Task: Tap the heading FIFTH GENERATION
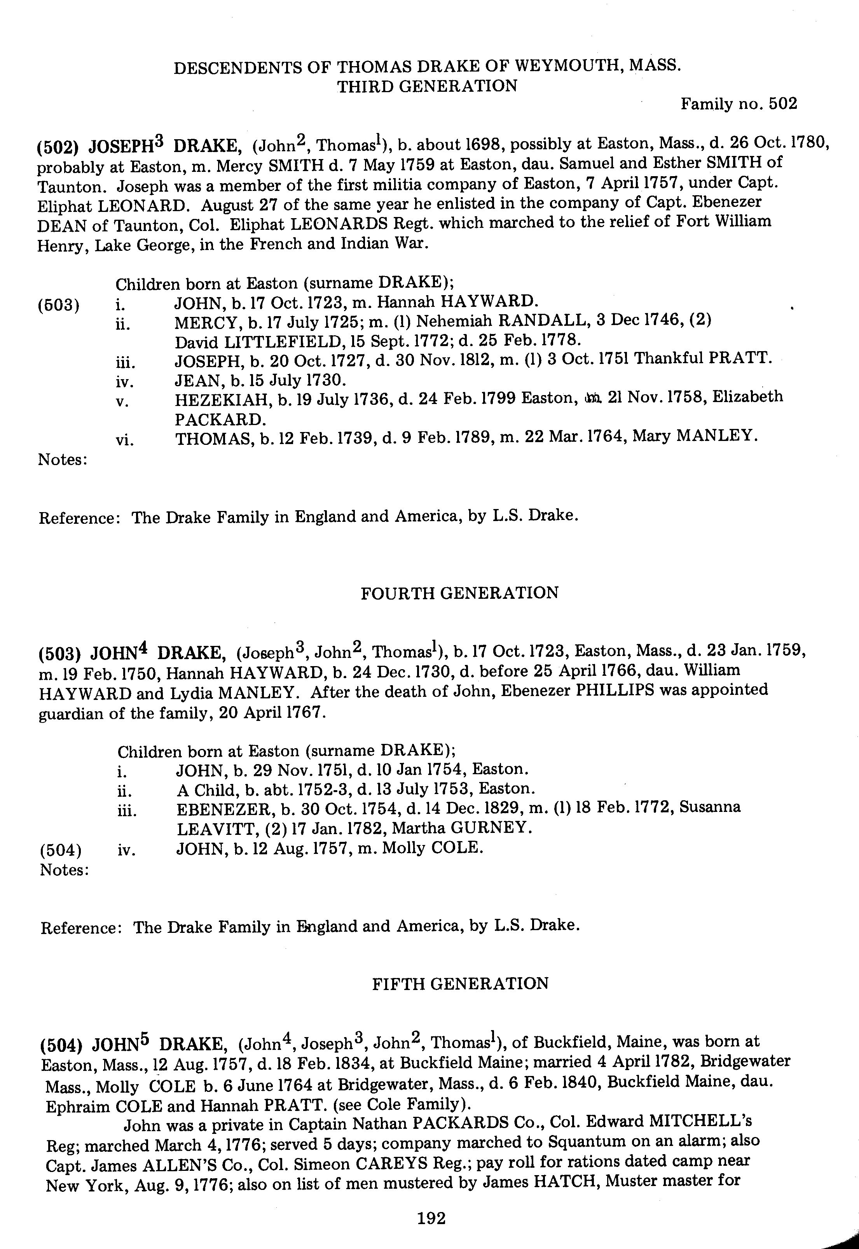pyautogui.click(x=460, y=983)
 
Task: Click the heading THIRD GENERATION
pyautogui.click(x=427, y=86)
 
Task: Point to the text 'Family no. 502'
pyautogui.click(x=739, y=103)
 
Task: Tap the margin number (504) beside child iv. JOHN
pyautogui.click(x=61, y=850)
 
